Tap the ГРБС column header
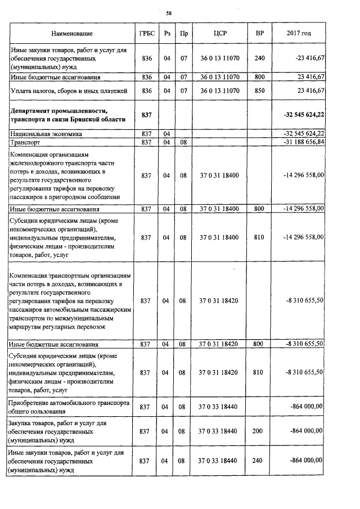click(x=146, y=34)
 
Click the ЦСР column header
click(x=220, y=34)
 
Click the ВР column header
click(x=259, y=34)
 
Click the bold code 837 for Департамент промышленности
click(x=146, y=115)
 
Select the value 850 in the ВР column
click(x=259, y=90)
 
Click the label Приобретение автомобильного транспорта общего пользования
click(x=69, y=407)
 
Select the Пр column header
click(x=183, y=34)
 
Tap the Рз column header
click(x=166, y=34)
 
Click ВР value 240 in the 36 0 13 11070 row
click(x=259, y=58)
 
